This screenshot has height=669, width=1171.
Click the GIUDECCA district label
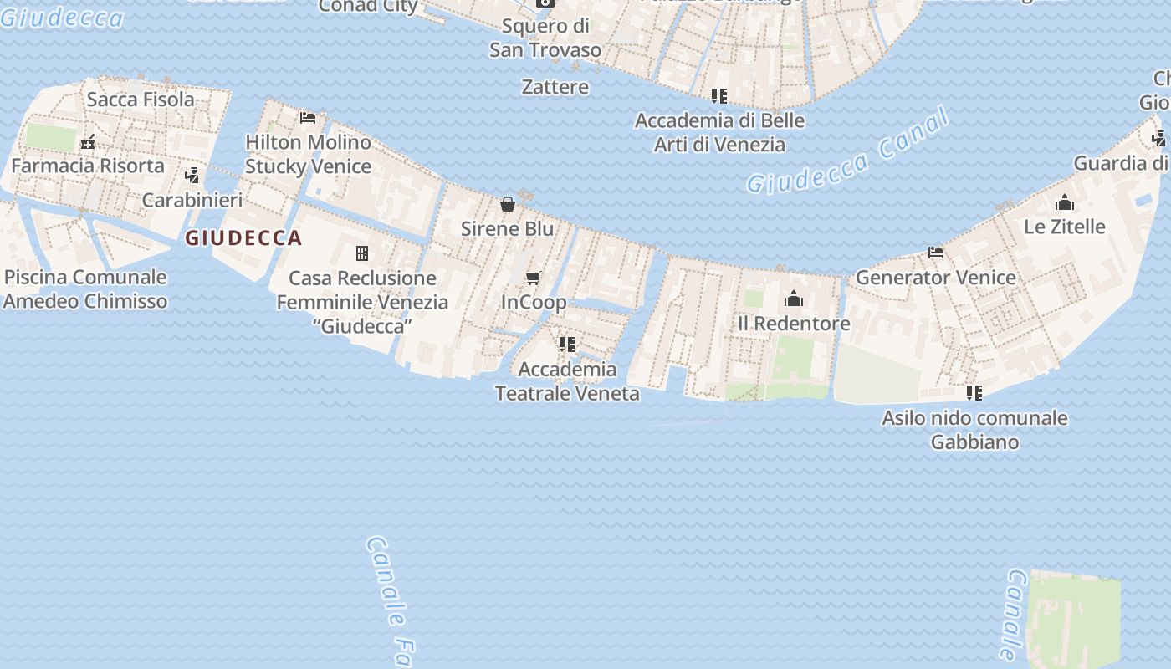pos(243,238)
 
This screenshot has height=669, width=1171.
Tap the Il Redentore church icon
pos(794,299)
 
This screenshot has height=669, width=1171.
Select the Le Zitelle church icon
pos(1065,202)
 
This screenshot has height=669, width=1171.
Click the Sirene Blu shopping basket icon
pos(508,204)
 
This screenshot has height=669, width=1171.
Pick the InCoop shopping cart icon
pos(533,278)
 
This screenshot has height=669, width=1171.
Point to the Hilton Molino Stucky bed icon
pos(308,118)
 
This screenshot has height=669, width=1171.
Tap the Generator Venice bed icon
pos(936,253)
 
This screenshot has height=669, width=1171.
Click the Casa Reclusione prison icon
pos(362,253)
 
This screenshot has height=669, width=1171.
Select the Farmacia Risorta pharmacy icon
pos(88,142)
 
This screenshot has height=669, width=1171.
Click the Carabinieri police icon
pos(192,176)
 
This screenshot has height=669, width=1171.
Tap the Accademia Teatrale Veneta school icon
pos(567,345)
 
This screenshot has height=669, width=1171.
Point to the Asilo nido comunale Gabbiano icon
pos(974,392)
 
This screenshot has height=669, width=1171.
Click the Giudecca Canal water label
pos(848,151)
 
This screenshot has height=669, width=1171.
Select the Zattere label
pos(555,87)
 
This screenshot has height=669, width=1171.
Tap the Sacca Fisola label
pos(141,100)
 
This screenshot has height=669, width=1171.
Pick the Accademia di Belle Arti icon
pos(719,96)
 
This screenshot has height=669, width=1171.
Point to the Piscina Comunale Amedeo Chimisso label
pos(85,289)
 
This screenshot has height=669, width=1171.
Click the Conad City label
pos(368,7)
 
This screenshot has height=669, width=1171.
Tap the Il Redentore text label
pos(794,324)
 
